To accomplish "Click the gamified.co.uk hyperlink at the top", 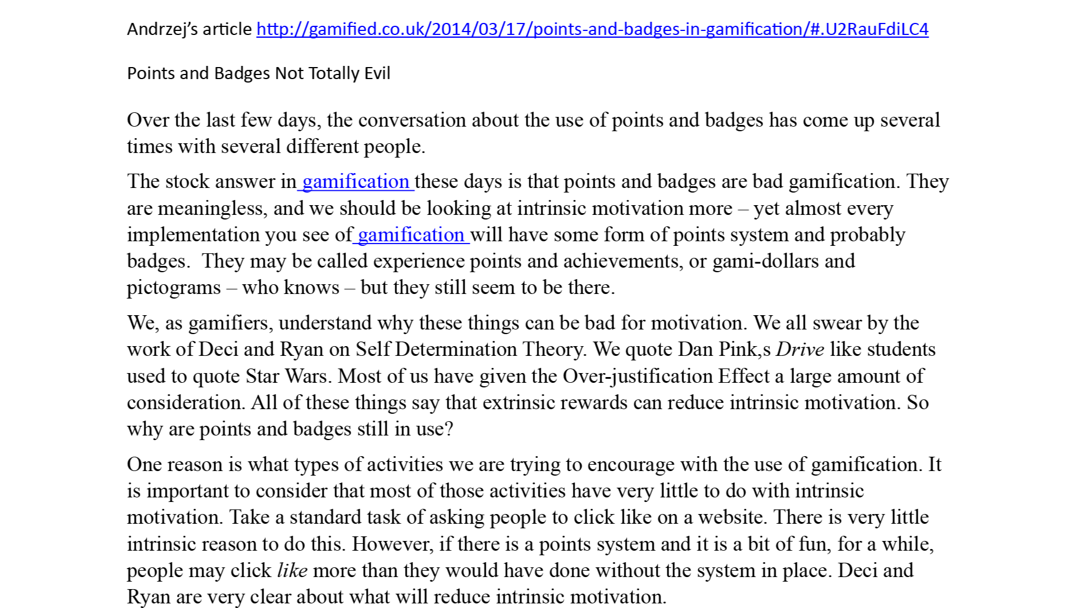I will click(592, 29).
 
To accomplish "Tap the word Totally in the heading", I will click(330, 73).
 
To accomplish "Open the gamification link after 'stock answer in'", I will click(355, 182).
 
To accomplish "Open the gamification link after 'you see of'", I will click(411, 235).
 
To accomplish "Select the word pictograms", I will click(174, 288).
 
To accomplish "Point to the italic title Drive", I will click(800, 350).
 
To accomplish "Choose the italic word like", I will click(292, 571).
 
